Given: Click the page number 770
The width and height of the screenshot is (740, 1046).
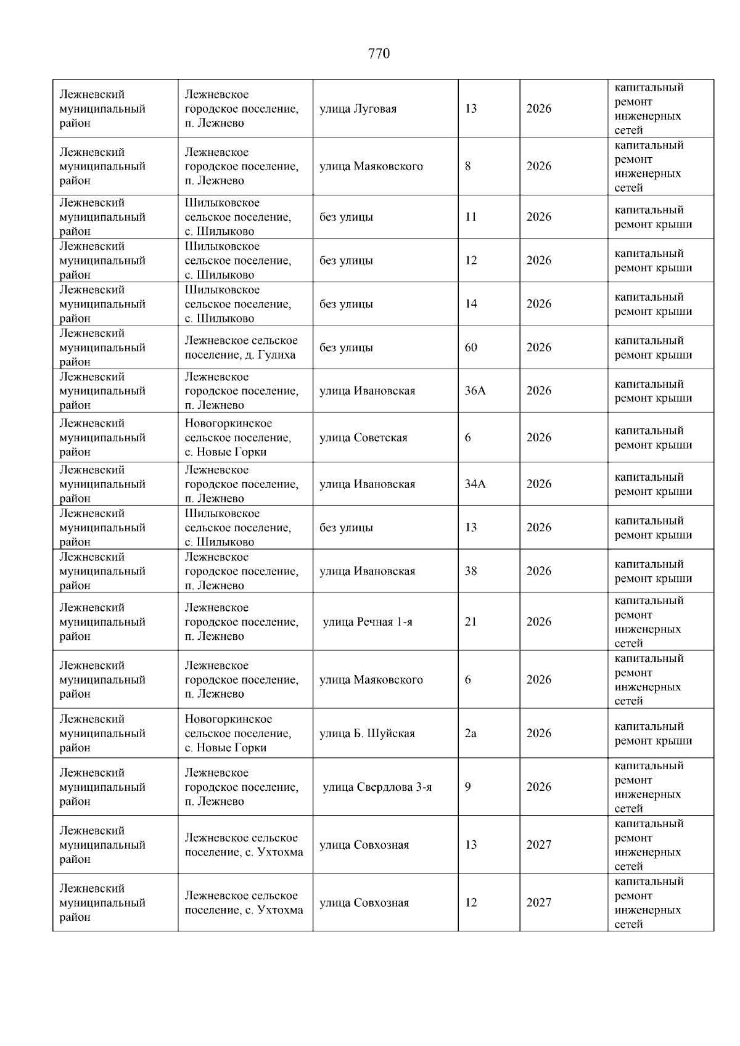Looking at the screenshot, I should (379, 54).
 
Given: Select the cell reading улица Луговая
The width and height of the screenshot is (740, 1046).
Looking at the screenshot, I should (358, 109).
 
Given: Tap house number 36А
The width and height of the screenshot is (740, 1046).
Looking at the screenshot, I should (475, 391).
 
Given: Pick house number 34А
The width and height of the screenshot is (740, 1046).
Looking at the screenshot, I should (475, 484).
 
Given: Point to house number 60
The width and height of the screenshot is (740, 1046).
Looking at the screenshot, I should (471, 348).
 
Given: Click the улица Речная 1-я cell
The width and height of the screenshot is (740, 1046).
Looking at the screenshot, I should (368, 622).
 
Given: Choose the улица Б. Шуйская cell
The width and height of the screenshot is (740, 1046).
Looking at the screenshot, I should (367, 733).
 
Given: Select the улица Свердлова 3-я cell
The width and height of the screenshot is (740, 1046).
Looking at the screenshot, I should (377, 787).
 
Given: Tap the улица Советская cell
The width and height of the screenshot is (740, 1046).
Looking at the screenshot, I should (363, 438).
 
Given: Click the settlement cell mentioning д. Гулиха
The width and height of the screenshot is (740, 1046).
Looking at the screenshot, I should (240, 348).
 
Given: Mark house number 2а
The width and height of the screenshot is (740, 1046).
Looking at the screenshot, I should (471, 733).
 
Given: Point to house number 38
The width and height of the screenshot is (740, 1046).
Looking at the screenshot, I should (471, 571).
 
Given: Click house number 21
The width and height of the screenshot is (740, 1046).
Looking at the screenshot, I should (471, 622).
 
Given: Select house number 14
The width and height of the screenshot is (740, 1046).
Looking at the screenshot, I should (471, 304).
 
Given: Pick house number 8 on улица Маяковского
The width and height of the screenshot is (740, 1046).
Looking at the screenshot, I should (468, 166).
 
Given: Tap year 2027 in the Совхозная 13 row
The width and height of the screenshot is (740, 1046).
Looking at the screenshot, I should (538, 845).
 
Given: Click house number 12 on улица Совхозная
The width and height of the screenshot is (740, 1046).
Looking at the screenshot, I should (471, 903).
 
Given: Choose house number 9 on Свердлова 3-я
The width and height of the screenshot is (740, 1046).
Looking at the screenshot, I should (468, 787).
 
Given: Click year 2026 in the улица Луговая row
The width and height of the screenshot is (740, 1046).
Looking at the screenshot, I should (538, 109).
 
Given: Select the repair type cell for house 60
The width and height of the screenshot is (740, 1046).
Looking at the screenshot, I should (653, 348).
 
